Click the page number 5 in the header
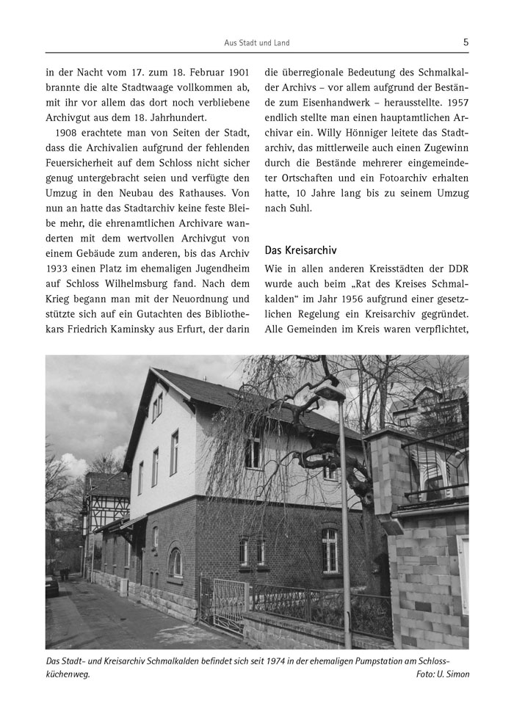point(466,43)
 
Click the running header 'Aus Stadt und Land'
point(256,43)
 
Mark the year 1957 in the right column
point(452,104)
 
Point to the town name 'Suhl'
point(299,208)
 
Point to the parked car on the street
point(51,585)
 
